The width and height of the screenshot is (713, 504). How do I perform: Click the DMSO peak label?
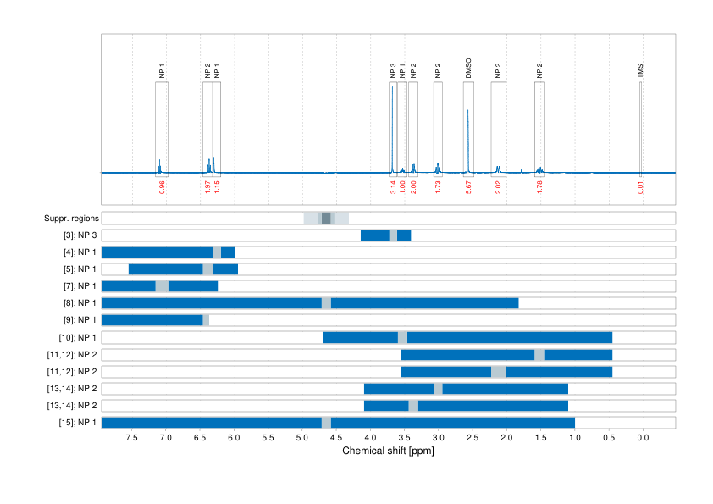click(x=468, y=69)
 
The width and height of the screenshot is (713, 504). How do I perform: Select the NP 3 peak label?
click(x=393, y=71)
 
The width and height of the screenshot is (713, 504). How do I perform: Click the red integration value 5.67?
click(x=468, y=187)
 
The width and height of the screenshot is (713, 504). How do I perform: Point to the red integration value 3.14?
click(x=393, y=187)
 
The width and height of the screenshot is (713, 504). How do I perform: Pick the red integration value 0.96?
click(x=162, y=187)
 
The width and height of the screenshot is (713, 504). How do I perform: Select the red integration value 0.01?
click(x=641, y=187)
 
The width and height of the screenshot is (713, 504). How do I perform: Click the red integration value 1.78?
click(x=539, y=187)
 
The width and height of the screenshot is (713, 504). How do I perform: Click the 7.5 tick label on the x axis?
click(x=132, y=438)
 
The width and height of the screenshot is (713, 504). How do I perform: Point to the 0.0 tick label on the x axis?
click(x=643, y=438)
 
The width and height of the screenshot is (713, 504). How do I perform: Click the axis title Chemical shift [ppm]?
click(x=388, y=451)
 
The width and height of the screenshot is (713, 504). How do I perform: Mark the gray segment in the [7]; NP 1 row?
click(x=162, y=286)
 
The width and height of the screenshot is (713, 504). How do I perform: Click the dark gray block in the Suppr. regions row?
click(x=326, y=219)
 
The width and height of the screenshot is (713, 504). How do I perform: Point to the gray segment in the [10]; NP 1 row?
click(x=402, y=337)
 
